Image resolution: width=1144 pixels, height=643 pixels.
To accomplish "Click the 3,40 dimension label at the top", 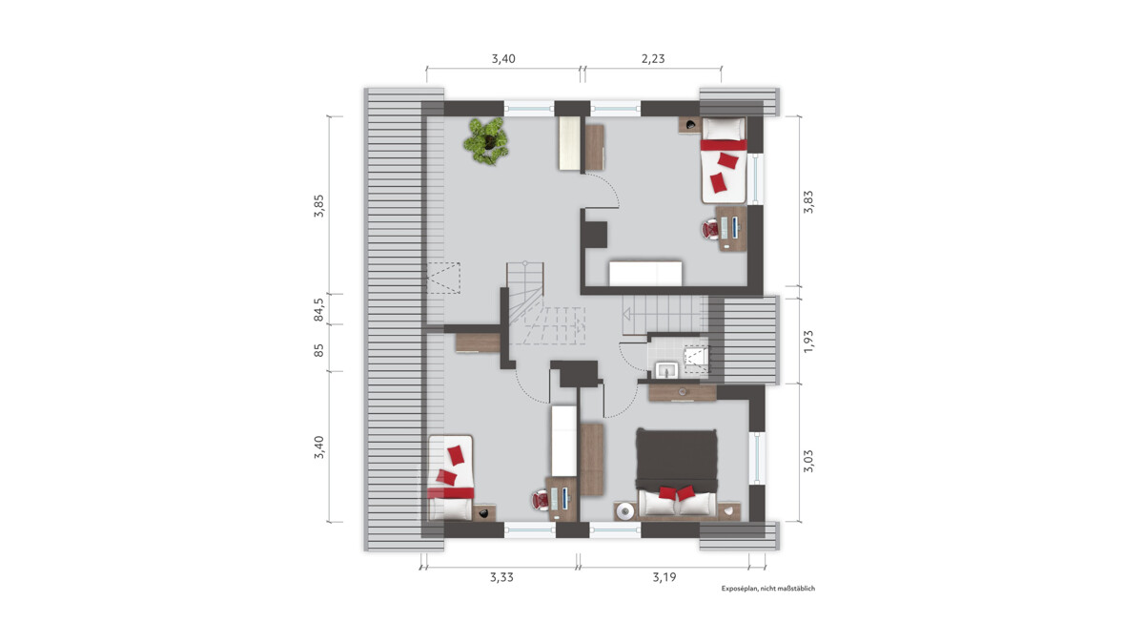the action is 503,59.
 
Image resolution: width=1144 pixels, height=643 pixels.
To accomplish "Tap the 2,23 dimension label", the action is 653,59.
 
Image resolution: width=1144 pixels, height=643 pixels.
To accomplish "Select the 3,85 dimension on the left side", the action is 318,206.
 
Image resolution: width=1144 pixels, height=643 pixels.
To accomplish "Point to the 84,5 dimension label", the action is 318,310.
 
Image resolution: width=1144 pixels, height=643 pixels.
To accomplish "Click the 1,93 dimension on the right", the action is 808,341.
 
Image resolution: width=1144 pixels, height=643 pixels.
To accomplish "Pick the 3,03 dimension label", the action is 808,461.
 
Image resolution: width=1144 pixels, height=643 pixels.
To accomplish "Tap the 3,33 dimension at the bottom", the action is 501,577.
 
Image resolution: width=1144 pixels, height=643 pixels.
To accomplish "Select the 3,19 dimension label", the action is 664,577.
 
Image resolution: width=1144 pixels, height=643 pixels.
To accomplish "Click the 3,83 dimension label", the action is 808,201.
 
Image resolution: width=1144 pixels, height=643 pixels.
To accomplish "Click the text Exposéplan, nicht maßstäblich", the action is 768,589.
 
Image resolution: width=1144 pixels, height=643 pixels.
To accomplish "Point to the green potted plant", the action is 486,140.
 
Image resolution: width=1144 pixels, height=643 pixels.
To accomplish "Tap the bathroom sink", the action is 666,370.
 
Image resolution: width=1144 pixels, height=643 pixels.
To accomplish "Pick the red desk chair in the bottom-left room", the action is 541,500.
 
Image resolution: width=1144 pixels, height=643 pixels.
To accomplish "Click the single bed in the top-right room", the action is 724,160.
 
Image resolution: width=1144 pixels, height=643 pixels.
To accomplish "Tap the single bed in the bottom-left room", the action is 450,477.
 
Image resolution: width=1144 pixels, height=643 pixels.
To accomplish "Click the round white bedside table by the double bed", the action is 625,511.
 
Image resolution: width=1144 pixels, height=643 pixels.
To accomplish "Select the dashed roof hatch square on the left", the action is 443,278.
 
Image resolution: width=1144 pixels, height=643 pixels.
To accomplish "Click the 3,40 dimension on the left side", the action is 318,447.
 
